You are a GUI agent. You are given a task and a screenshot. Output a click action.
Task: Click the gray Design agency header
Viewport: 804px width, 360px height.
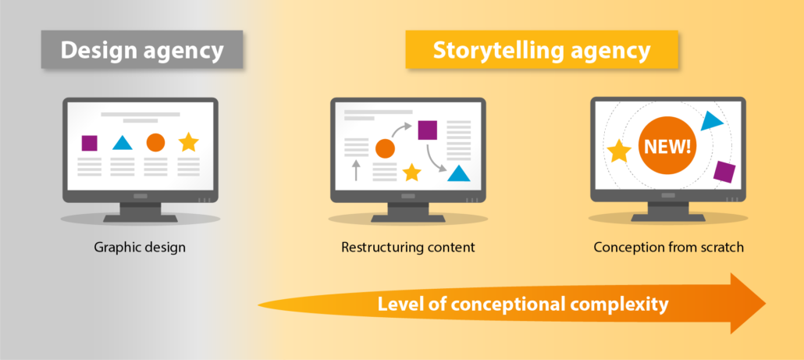tap(142, 50)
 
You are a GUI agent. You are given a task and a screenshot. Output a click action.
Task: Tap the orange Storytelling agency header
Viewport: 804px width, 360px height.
tap(542, 50)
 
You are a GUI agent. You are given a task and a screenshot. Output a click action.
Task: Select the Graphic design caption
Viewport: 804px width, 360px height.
tap(140, 248)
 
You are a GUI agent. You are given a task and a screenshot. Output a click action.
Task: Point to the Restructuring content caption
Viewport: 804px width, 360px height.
tap(408, 248)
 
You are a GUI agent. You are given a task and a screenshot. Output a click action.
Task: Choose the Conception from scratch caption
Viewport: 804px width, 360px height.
tap(669, 248)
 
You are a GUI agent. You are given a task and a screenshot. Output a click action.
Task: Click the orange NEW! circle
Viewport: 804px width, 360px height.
tap(667, 146)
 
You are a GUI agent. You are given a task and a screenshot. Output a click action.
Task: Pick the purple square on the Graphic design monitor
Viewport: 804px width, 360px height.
tap(89, 143)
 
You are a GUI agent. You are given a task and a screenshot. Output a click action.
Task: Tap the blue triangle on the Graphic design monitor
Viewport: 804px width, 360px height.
tap(123, 143)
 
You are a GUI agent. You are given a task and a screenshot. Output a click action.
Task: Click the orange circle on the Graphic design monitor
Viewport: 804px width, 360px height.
tap(155, 143)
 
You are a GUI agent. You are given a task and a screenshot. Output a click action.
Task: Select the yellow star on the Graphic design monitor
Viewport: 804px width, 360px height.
tap(189, 142)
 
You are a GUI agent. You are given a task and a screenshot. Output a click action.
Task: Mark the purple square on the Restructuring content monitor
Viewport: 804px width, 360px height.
tap(427, 130)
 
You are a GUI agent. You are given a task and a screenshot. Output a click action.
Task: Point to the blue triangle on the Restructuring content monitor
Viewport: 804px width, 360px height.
tap(459, 173)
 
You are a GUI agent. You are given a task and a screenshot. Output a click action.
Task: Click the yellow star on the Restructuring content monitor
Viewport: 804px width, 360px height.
tap(411, 173)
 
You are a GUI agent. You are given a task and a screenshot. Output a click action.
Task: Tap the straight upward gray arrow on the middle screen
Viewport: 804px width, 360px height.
tap(356, 170)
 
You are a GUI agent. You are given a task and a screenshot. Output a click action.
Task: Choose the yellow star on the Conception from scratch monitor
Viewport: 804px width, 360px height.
tap(619, 151)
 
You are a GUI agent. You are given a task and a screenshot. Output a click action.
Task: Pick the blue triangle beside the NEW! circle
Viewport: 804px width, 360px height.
tap(710, 121)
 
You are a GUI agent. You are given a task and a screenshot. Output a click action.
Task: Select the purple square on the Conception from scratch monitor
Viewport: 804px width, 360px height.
tap(724, 172)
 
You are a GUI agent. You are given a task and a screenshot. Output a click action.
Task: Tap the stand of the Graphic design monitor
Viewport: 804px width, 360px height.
tap(141, 212)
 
